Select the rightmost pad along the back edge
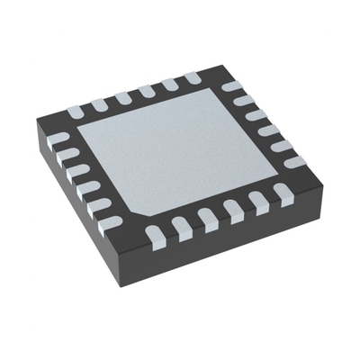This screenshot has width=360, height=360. coord(192,79)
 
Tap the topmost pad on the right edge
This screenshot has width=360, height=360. coord(231,87)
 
